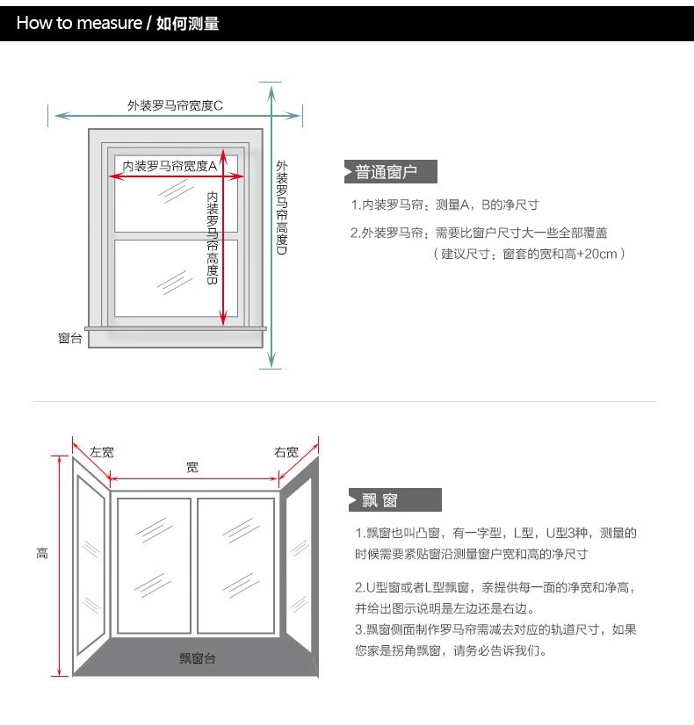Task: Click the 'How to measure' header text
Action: coord(79,24)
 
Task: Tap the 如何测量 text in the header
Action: coord(187,24)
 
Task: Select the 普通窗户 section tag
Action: coord(386,172)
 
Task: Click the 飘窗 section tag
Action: coord(380,500)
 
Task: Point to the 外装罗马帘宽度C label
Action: coord(175,106)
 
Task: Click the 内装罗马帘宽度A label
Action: coord(170,165)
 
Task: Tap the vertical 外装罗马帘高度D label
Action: coord(281,207)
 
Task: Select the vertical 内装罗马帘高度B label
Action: coord(213,236)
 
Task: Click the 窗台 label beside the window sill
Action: coord(70,338)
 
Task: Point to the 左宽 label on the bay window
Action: coord(102,453)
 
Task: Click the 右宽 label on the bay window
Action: coord(286,453)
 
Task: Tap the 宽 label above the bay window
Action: coord(192,468)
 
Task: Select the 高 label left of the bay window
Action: coord(42,553)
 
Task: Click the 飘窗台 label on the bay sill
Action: coord(198,658)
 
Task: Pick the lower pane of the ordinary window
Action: coord(167,277)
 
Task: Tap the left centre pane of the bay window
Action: coord(153,565)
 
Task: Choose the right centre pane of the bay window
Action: coord(235,565)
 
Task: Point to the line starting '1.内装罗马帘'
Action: coord(445,205)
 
